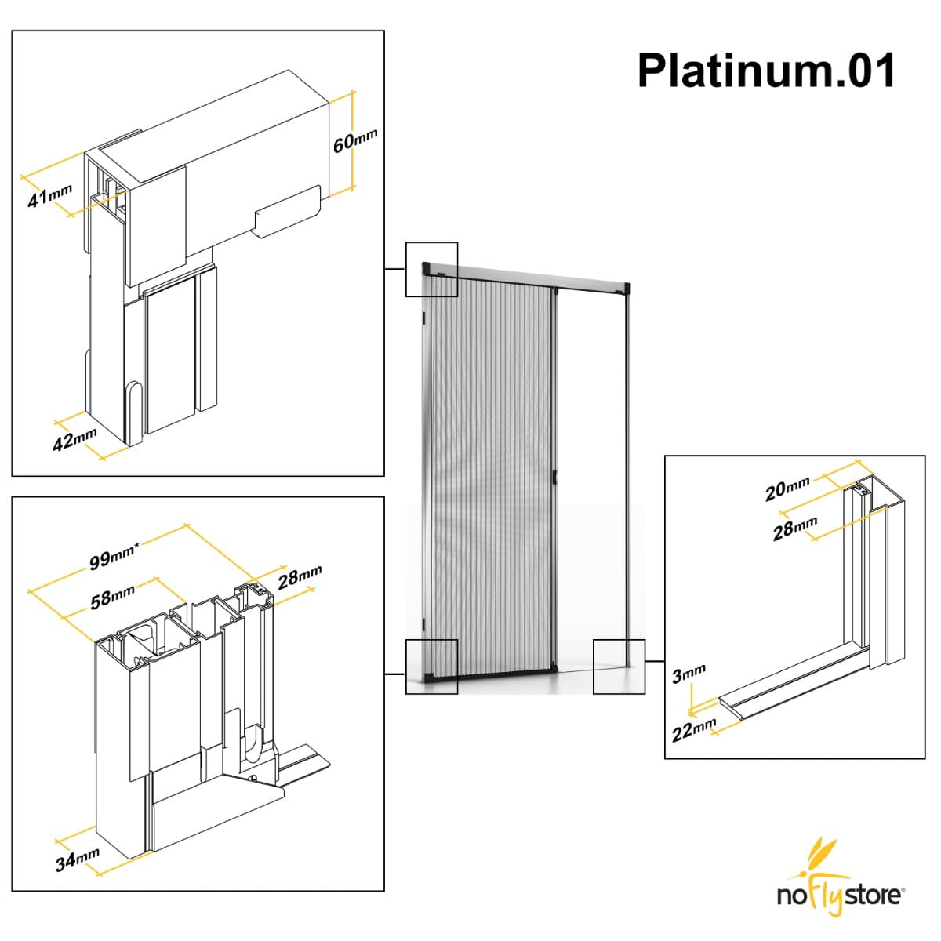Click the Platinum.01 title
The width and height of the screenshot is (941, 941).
pyautogui.click(x=766, y=71)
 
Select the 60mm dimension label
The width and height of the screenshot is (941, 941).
pyautogui.click(x=355, y=140)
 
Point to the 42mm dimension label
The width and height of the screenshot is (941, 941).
pyautogui.click(x=74, y=439)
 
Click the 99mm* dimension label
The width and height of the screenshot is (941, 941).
pyautogui.click(x=114, y=556)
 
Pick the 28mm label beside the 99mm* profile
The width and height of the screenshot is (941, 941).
pyautogui.click(x=300, y=577)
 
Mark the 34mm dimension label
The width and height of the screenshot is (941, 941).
pyautogui.click(x=77, y=859)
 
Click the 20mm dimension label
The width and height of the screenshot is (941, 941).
pyautogui.click(x=787, y=489)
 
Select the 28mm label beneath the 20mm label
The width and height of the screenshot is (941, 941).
pyautogui.click(x=794, y=529)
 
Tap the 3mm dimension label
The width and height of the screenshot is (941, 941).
pyautogui.click(x=688, y=673)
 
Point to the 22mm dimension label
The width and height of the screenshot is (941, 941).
pyautogui.click(x=693, y=731)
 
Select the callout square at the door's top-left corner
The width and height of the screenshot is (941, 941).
pyautogui.click(x=431, y=269)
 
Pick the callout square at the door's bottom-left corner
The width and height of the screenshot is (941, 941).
pyautogui.click(x=431, y=667)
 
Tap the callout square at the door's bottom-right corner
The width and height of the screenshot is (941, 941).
pyautogui.click(x=619, y=667)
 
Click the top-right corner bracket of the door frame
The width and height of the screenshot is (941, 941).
pyautogui.click(x=625, y=288)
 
